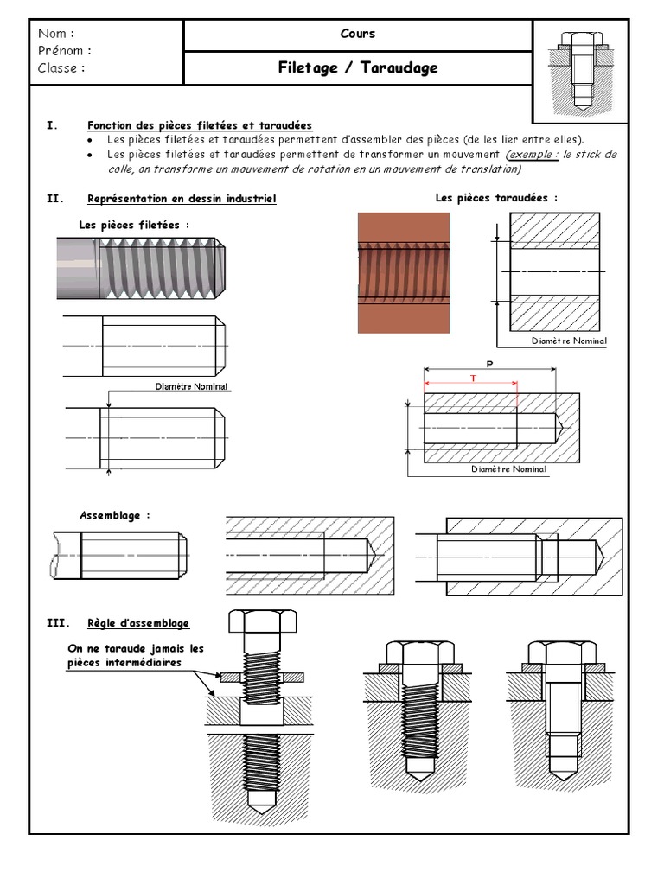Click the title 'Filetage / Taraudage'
tap(358, 67)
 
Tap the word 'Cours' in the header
tap(358, 34)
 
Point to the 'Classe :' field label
tap(61, 67)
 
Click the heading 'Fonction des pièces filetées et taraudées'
tap(200, 125)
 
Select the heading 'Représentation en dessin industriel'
tap(182, 199)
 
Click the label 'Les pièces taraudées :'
tap(496, 198)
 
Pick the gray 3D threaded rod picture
tap(144, 268)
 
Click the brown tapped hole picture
tap(403, 272)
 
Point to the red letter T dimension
tap(473, 379)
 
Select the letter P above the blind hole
tap(489, 364)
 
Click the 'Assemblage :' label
tap(115, 515)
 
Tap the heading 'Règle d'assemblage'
tap(138, 622)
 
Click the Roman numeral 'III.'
tap(56, 622)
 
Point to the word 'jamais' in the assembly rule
tap(163, 649)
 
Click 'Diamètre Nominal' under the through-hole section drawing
tap(569, 341)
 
